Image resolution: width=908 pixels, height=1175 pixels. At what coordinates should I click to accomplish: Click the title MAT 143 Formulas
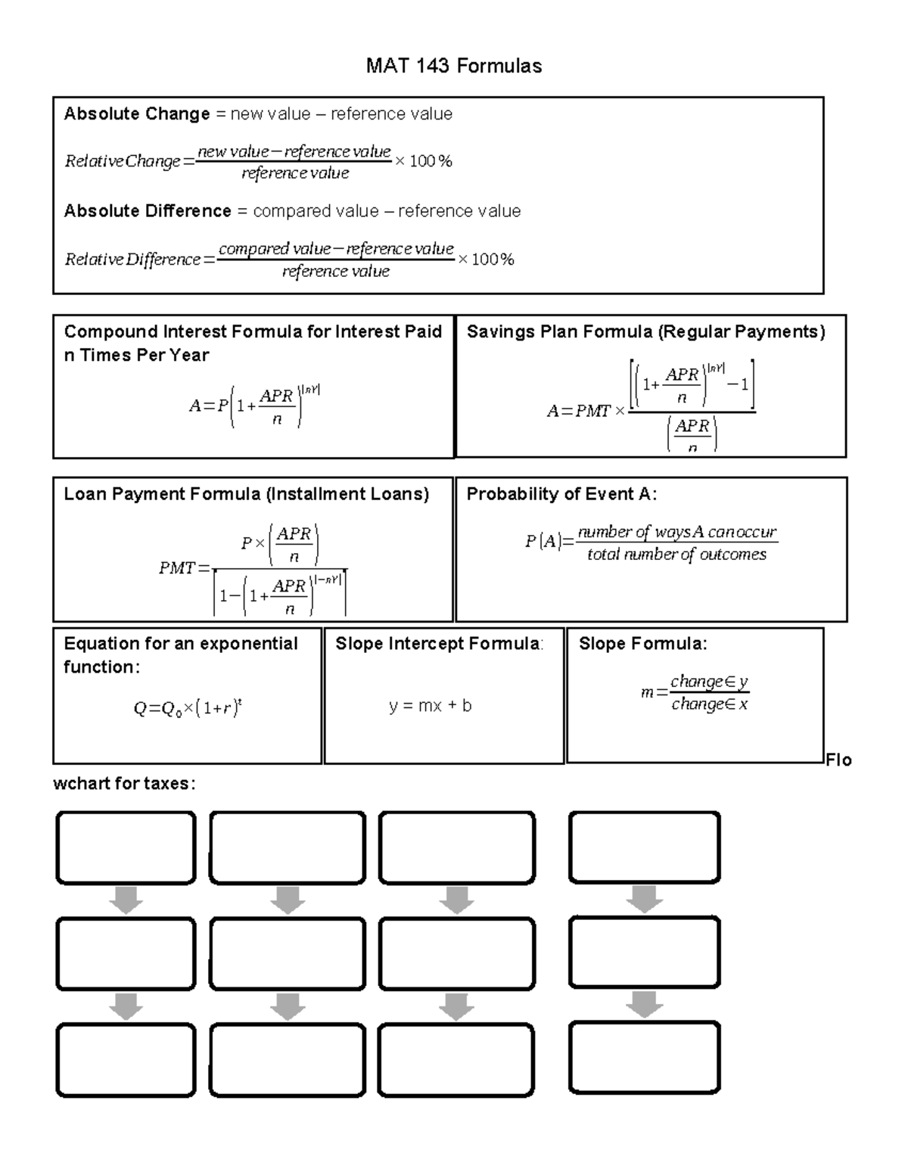point(453,67)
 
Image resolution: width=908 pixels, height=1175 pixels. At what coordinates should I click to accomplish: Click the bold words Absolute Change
point(137,114)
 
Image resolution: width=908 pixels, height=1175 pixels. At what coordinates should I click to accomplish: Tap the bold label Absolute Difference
point(148,211)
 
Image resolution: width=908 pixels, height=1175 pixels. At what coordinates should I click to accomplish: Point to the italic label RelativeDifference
point(132,260)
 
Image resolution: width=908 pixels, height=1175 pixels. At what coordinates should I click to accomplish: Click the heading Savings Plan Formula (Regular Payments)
point(645,332)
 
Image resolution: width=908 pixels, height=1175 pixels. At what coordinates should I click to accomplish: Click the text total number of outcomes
point(676,555)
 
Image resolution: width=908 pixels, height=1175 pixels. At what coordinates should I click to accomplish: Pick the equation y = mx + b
point(430,706)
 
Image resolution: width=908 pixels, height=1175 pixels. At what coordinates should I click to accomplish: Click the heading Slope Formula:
point(642,644)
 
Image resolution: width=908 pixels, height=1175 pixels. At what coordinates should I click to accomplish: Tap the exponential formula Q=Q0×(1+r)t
point(187,709)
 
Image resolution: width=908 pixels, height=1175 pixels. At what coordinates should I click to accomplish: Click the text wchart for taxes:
point(124,784)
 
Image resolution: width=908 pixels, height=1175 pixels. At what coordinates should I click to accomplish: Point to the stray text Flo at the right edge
point(838,760)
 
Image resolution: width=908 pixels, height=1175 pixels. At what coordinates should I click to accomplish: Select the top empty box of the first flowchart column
point(126,848)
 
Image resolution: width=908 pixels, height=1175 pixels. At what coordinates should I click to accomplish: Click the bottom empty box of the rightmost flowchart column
point(644,1058)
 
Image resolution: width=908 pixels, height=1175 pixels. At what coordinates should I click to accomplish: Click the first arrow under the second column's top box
point(288,900)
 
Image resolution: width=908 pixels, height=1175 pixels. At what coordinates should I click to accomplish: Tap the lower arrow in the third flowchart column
point(456,1007)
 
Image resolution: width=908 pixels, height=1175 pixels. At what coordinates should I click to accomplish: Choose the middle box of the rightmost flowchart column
point(644,953)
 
